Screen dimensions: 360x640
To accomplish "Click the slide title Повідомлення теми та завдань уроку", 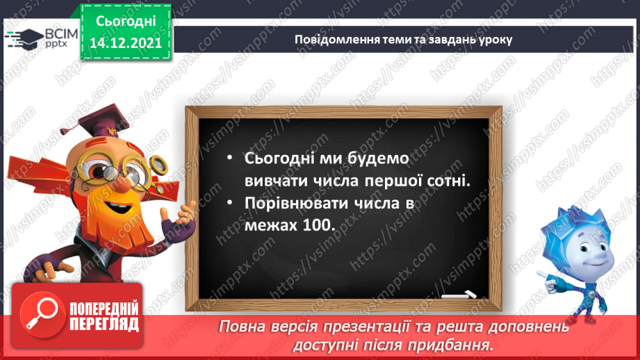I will point(403,39).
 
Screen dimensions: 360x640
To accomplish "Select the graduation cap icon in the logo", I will point(26,36).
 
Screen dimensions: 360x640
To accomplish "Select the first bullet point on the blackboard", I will point(229,158).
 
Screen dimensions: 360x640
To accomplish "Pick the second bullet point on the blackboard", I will point(229,204).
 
